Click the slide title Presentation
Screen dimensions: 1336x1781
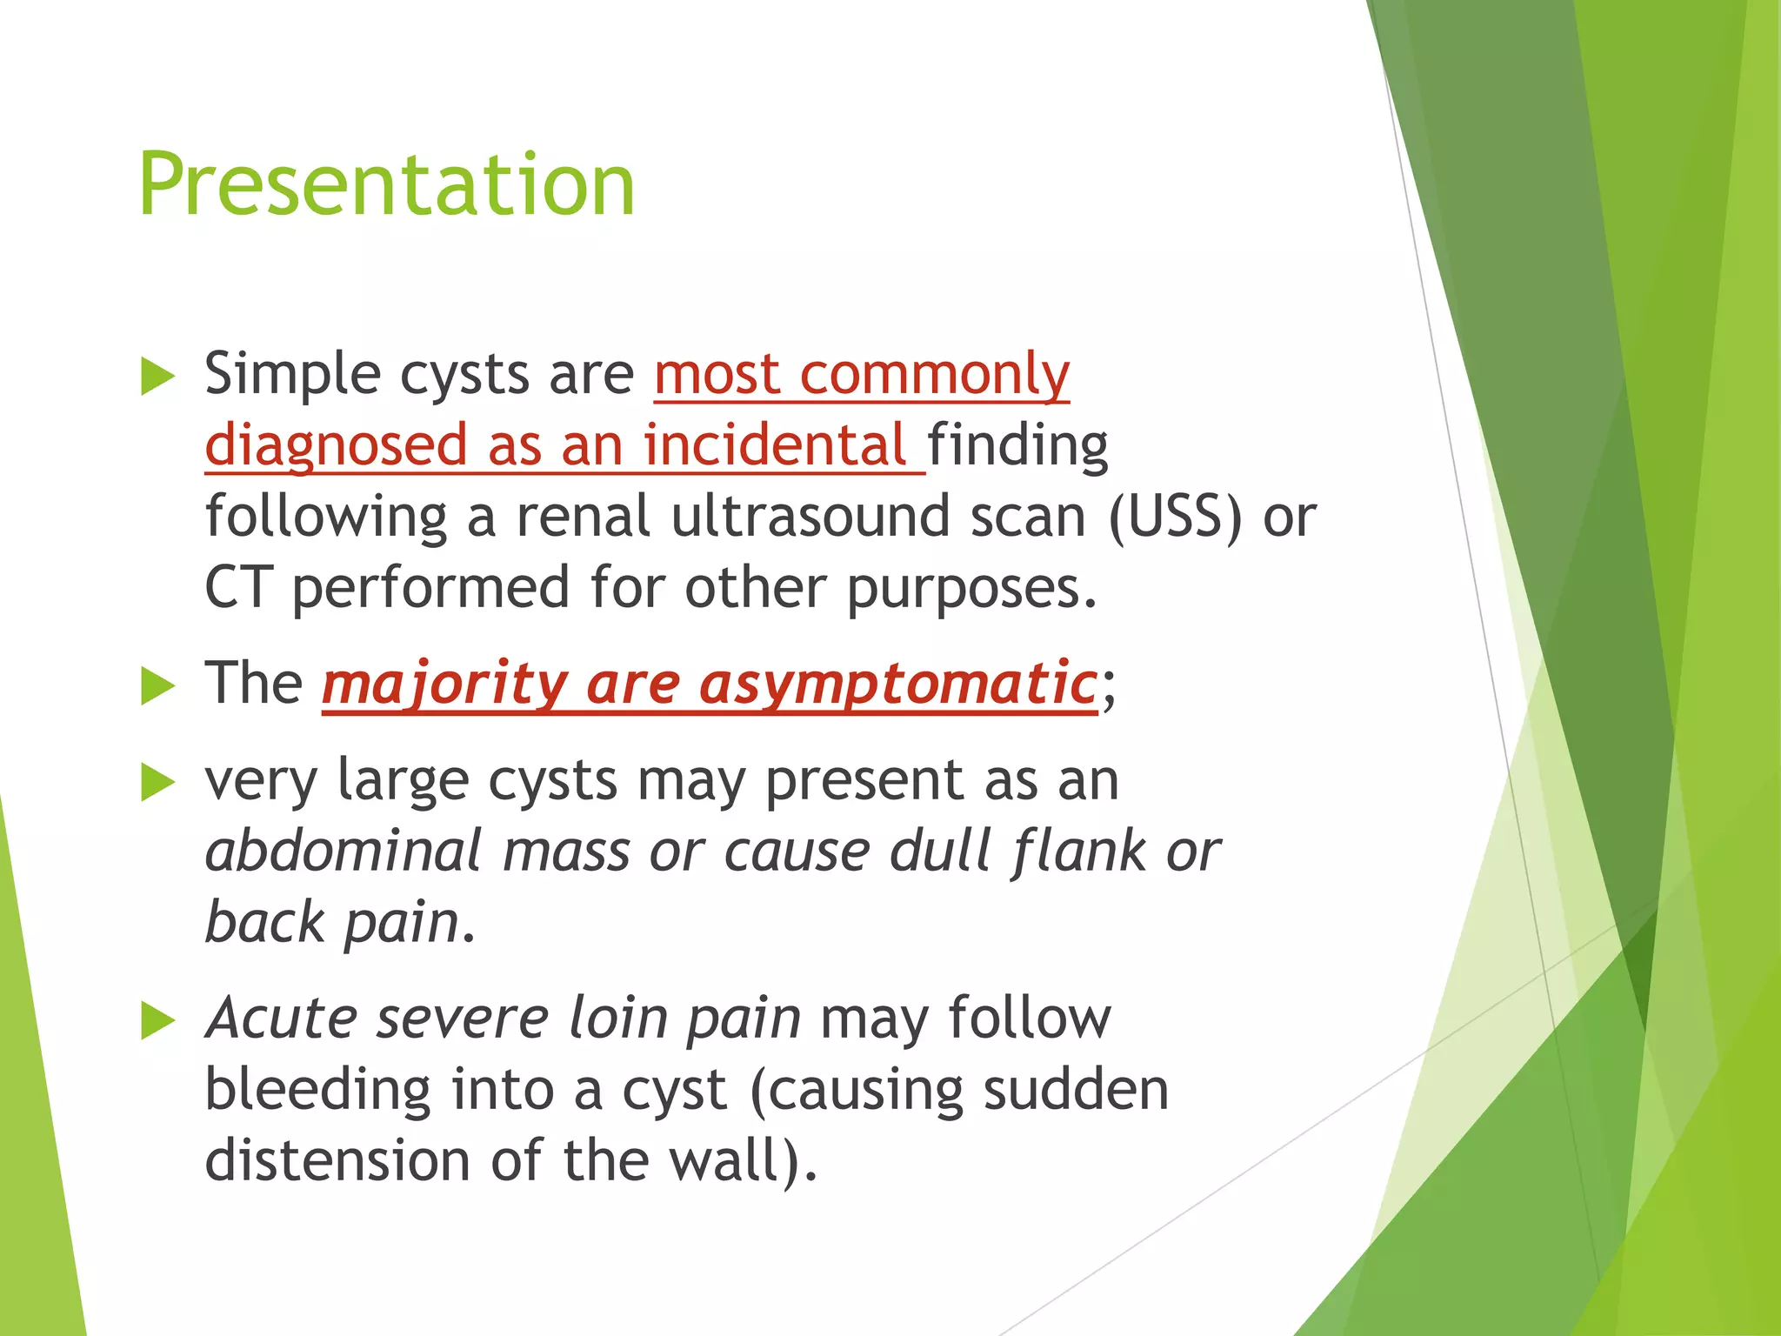(x=386, y=184)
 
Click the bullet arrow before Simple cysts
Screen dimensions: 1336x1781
(x=157, y=377)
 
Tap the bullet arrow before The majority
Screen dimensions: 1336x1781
(x=157, y=687)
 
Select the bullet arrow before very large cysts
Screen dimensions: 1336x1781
(x=157, y=783)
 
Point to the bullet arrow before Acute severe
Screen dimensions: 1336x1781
(x=157, y=1021)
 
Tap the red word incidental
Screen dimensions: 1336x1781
(x=774, y=445)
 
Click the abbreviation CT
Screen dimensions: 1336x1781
(x=238, y=588)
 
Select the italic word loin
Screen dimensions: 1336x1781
(x=617, y=1018)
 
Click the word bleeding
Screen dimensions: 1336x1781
(x=317, y=1091)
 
